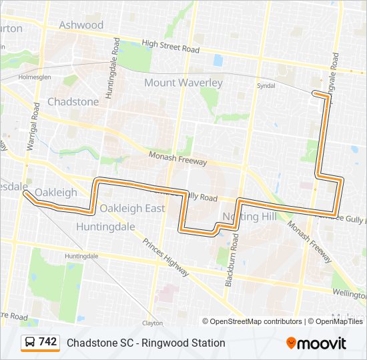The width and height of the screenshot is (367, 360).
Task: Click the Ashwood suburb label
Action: [81, 25]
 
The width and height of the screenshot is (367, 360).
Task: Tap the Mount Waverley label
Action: [183, 83]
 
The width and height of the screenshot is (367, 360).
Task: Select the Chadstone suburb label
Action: [73, 102]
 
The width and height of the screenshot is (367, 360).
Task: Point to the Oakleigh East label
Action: [132, 208]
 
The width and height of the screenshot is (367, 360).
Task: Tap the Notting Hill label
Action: [249, 217]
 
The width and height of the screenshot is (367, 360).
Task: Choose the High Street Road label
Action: [171, 47]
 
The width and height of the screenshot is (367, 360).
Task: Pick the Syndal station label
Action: [266, 85]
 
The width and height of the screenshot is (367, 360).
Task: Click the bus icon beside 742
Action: [30, 343]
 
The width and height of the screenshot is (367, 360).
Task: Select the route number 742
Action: [48, 342]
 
